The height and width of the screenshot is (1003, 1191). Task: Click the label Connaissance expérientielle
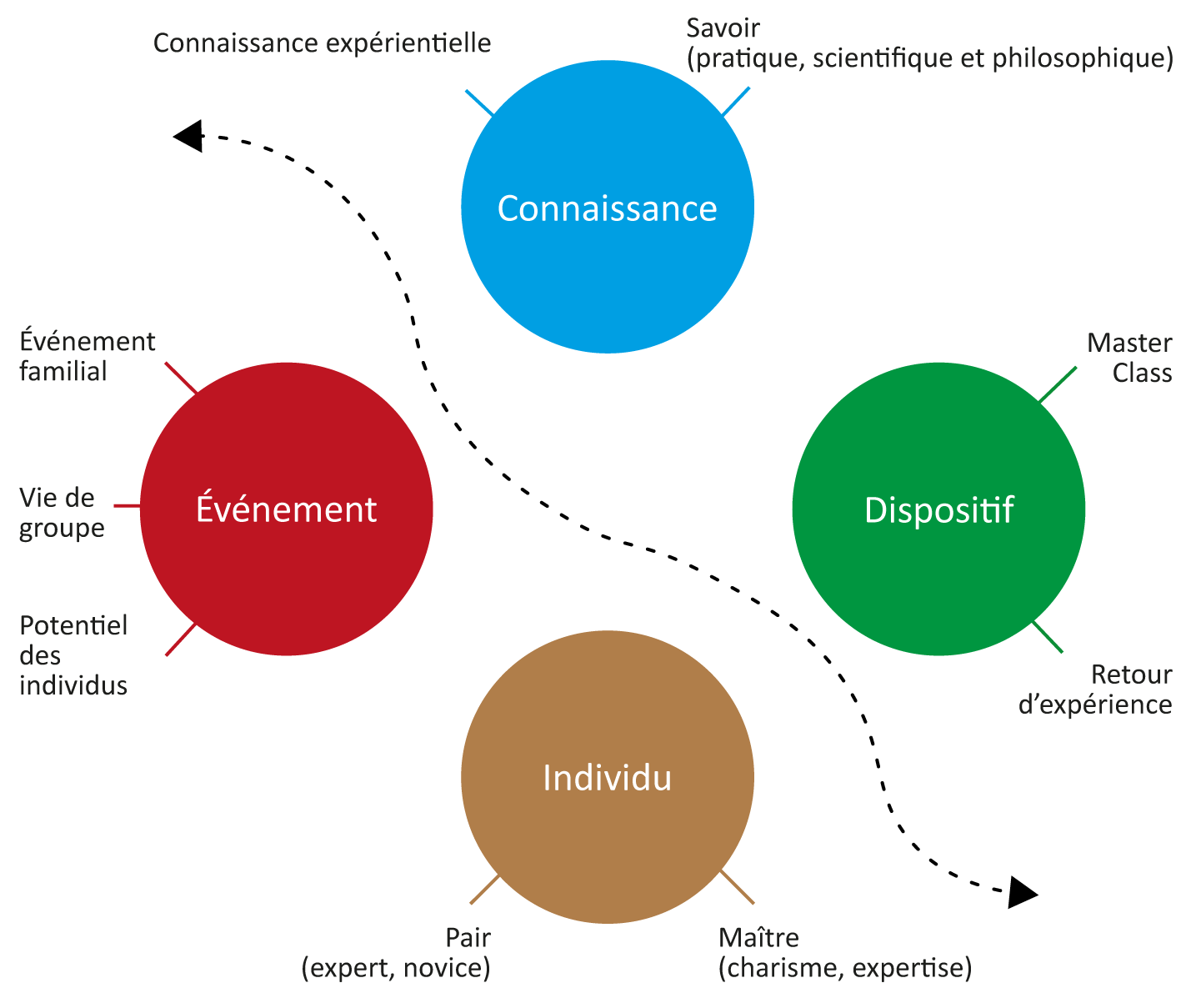coord(322,43)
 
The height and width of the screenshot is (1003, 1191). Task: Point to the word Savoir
coord(723,28)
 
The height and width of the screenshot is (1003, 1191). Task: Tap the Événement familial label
coord(87,356)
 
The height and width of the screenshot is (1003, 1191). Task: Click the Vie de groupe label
coord(62,513)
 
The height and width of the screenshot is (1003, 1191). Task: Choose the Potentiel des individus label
coord(73,655)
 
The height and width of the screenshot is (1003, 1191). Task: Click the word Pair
coord(468,937)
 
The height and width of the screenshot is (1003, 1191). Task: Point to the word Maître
coord(758,937)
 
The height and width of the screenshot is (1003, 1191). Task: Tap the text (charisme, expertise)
coord(844,968)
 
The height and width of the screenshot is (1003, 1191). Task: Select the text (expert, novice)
coord(396,968)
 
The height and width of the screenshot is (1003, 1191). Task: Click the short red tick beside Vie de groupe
coord(127,506)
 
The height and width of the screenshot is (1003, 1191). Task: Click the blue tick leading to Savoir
coord(735,101)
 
